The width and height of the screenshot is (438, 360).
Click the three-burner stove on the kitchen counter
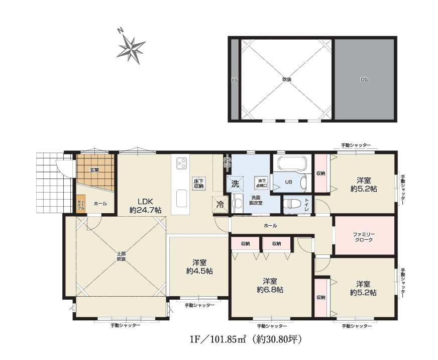tap(181, 163)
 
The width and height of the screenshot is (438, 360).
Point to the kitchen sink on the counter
tap(181, 198)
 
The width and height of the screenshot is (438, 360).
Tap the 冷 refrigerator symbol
tap(220, 205)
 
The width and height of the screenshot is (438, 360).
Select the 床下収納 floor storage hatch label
tap(198, 184)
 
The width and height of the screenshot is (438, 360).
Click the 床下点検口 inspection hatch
tap(261, 183)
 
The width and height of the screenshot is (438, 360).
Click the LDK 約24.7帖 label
tap(145, 206)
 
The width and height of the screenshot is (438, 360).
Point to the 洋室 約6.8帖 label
tap(270, 285)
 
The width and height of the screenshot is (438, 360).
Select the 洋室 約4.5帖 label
tap(199, 266)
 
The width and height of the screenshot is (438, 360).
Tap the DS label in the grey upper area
tap(364, 79)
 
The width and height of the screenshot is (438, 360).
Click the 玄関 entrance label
tap(94, 170)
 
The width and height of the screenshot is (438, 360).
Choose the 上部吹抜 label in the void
tap(121, 256)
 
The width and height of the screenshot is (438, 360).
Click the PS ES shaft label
tap(228, 163)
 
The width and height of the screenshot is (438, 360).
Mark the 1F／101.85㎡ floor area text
tap(218, 339)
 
